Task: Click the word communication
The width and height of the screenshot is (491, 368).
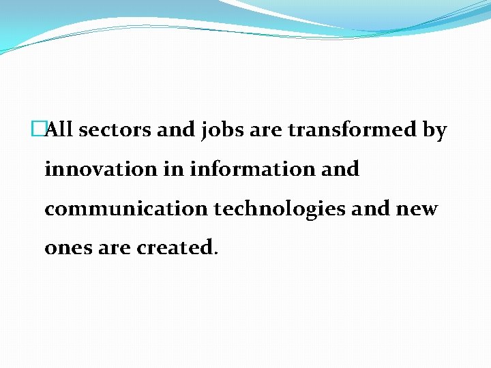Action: tap(126, 209)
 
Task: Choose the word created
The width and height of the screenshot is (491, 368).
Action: tap(175, 247)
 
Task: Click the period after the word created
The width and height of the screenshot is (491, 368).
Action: tap(216, 253)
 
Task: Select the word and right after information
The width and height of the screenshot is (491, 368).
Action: tap(340, 169)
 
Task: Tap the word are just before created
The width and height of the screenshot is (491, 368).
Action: tap(113, 248)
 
